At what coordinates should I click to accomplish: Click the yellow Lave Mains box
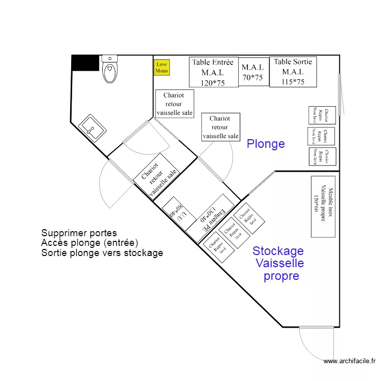(162, 68)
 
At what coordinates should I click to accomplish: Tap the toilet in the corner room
(109, 70)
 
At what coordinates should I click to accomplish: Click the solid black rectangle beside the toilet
(85, 63)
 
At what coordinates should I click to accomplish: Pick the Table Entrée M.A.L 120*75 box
(213, 72)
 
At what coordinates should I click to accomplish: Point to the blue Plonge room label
(266, 144)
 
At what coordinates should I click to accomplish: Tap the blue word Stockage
(278, 250)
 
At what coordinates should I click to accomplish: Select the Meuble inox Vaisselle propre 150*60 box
(323, 206)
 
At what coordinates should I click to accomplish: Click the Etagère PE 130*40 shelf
(210, 217)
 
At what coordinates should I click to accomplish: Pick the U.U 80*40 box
(178, 210)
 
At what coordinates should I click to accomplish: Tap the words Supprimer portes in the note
(79, 234)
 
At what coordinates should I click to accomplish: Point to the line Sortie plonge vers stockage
(102, 252)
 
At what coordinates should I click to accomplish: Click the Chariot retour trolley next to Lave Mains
(174, 104)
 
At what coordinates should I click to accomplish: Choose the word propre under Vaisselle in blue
(281, 276)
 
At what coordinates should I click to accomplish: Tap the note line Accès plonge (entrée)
(90, 243)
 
